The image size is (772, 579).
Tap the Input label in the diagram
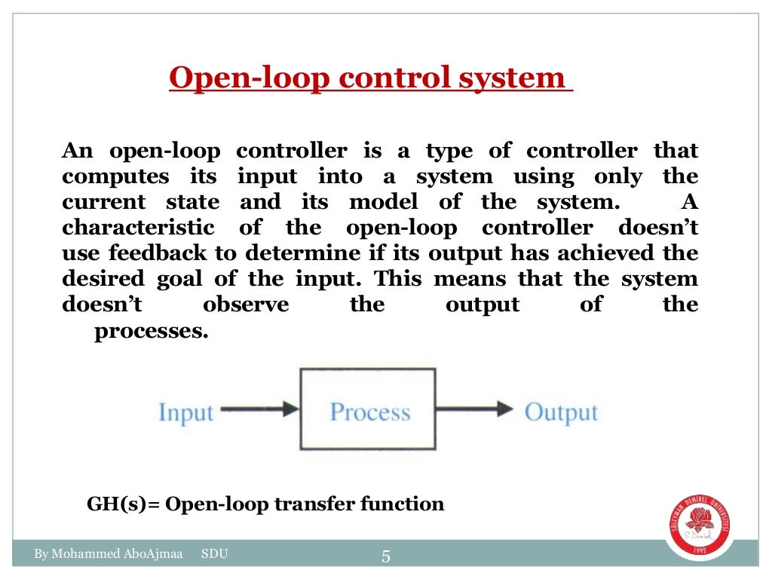click(185, 413)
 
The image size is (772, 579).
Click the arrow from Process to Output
click(475, 409)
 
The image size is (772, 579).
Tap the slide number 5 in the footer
click(386, 557)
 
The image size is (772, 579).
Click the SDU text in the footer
click(215, 556)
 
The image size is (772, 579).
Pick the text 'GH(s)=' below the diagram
click(124, 504)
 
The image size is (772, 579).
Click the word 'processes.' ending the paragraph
click(151, 332)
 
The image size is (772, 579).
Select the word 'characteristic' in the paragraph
click(138, 228)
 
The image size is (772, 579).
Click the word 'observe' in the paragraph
click(246, 305)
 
